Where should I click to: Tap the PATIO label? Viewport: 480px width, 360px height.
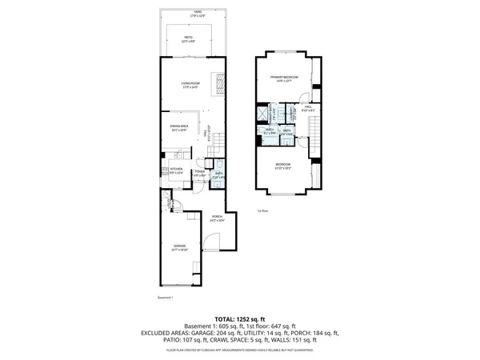(x=189, y=38)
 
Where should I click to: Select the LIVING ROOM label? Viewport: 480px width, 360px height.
(x=189, y=84)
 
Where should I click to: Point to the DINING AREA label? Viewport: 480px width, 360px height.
(x=178, y=126)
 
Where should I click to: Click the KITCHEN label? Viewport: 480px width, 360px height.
(x=177, y=169)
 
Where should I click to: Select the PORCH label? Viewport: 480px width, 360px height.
(x=216, y=217)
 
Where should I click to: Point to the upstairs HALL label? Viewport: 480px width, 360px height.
(x=308, y=109)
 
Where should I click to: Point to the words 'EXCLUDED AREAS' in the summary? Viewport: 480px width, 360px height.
(x=166, y=333)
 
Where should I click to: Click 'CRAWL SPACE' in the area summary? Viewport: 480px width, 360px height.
(x=229, y=340)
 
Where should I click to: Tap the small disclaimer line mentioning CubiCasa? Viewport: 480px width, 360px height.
(x=240, y=348)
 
